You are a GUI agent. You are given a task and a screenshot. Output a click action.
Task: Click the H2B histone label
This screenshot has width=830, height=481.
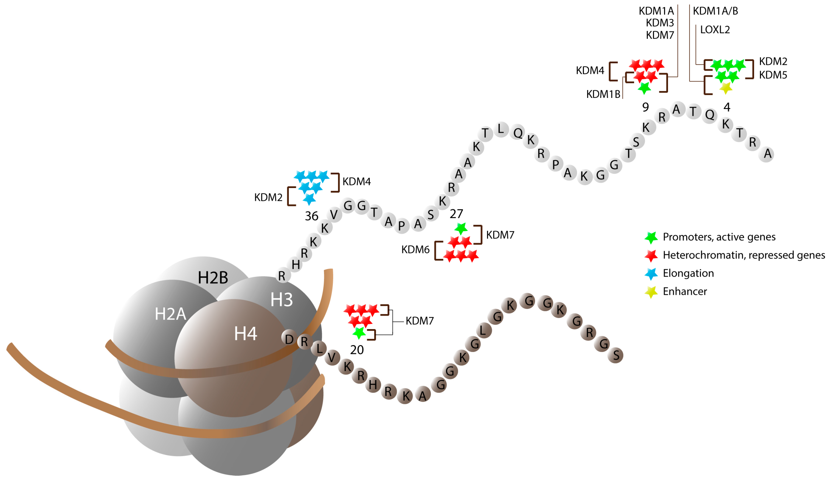click(213, 278)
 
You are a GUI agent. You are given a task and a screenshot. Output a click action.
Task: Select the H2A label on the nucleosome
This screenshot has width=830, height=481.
click(170, 314)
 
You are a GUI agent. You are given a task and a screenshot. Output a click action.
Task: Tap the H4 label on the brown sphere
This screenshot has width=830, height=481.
click(245, 334)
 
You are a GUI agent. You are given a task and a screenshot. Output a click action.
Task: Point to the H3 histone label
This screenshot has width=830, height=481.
click(281, 300)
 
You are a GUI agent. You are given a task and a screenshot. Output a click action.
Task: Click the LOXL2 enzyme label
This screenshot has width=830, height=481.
click(715, 30)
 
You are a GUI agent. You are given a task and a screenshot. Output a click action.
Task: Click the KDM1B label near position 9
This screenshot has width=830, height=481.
click(603, 94)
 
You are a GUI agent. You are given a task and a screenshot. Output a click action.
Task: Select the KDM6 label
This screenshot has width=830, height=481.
click(415, 250)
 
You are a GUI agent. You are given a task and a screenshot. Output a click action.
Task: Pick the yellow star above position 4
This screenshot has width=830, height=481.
click(726, 88)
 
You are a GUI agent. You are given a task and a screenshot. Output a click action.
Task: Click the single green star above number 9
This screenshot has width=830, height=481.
click(644, 88)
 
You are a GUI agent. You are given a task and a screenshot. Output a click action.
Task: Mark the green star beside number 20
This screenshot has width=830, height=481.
click(359, 333)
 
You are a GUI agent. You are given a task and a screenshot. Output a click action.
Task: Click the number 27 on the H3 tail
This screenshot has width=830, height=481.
click(456, 214)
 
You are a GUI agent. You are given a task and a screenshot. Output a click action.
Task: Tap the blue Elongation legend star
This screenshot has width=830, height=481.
click(651, 274)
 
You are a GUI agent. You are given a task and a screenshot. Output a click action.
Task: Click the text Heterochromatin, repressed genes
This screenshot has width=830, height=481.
click(743, 255)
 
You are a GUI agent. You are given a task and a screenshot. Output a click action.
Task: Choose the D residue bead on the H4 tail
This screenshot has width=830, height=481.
click(289, 339)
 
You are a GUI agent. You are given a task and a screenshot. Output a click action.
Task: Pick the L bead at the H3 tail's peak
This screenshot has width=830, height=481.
click(501, 129)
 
